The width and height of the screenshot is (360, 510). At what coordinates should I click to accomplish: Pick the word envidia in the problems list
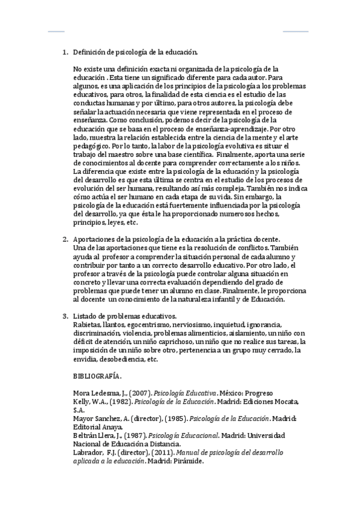[85, 359]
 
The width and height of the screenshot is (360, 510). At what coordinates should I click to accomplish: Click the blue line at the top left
[56, 31]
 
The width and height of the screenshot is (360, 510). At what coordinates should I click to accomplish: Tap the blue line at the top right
[295, 31]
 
